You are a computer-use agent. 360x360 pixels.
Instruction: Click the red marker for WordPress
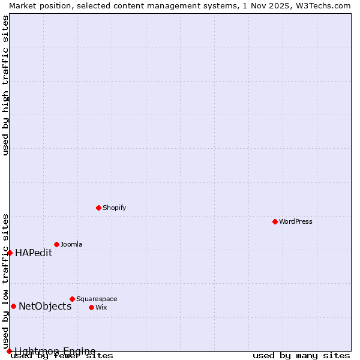click(x=275, y=221)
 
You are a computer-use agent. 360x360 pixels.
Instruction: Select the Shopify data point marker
click(x=98, y=208)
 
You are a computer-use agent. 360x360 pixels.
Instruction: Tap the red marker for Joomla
click(x=56, y=244)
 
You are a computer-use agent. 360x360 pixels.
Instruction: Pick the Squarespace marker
click(x=72, y=299)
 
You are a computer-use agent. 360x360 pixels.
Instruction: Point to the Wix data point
click(x=91, y=307)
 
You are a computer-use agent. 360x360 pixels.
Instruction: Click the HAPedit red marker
click(x=10, y=253)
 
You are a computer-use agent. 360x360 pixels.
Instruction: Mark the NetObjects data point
click(x=13, y=306)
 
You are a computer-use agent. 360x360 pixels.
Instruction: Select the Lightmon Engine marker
click(x=9, y=351)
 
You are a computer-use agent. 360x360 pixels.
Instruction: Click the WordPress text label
click(x=296, y=221)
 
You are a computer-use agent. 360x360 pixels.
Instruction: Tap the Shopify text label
click(x=114, y=208)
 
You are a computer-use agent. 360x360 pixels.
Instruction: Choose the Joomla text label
click(x=71, y=244)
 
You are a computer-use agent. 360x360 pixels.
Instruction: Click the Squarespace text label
click(x=97, y=299)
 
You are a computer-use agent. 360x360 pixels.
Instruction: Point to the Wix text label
click(x=101, y=307)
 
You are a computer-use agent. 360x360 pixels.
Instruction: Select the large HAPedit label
click(x=34, y=253)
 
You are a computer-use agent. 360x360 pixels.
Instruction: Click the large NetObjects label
click(x=45, y=306)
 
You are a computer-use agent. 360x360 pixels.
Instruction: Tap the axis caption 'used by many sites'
click(x=301, y=356)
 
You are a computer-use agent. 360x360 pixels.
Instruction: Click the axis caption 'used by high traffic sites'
click(x=5, y=85)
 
